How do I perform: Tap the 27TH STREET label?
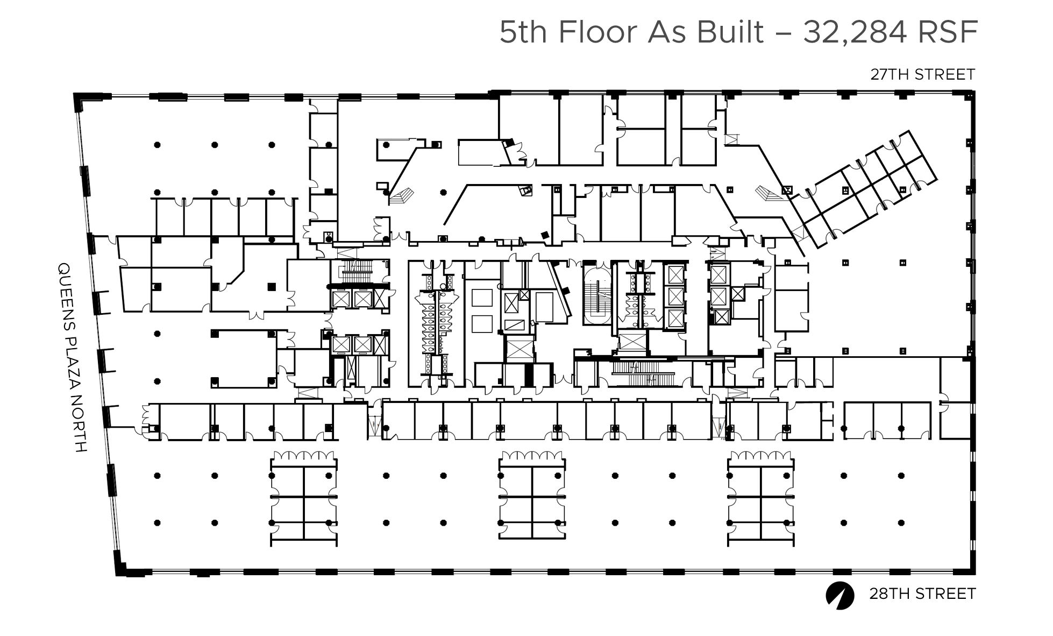(922, 74)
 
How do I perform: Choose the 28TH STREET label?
(922, 593)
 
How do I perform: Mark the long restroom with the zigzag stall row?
(436, 323)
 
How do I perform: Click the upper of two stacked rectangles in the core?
(482, 298)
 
